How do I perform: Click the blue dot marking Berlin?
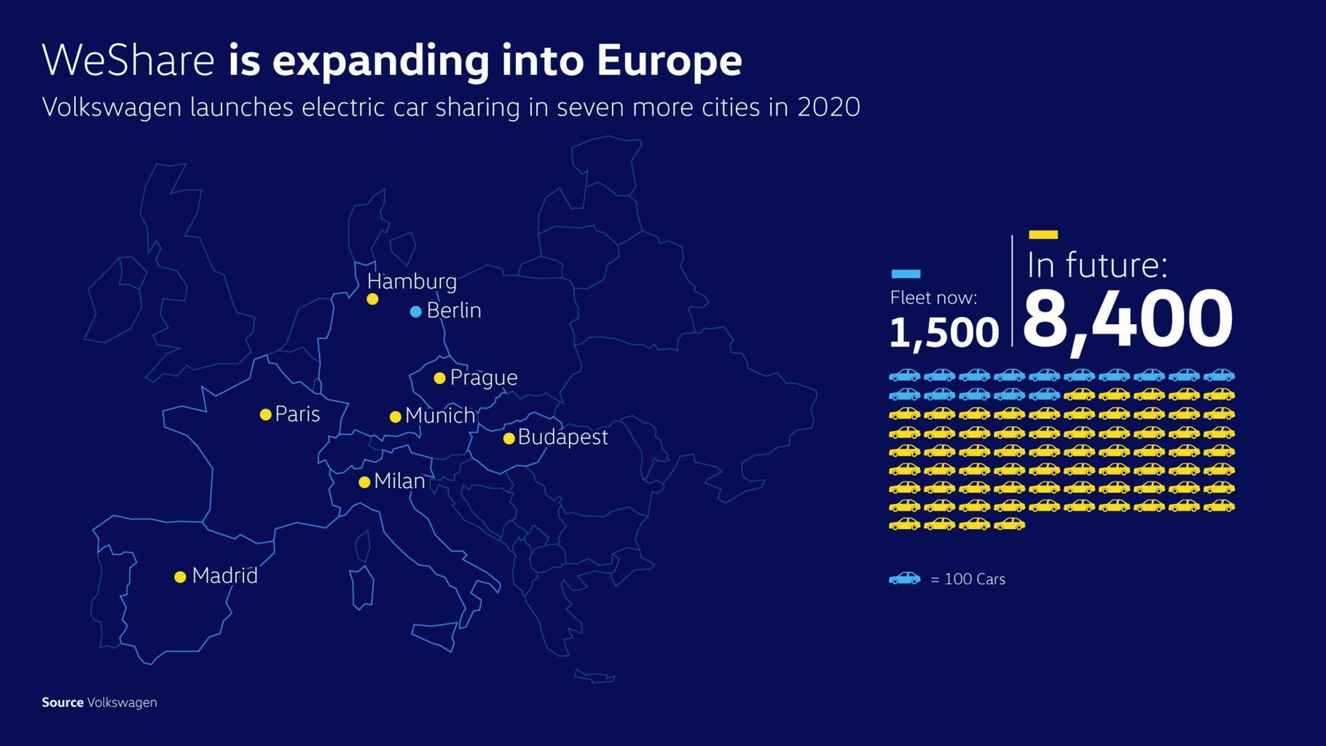click(x=415, y=312)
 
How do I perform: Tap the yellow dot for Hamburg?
click(x=372, y=299)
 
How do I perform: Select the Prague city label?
click(x=483, y=377)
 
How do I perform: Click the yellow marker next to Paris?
click(x=266, y=415)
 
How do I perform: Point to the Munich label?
click(x=439, y=415)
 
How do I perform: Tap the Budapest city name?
click(x=562, y=437)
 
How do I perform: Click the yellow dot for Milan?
click(x=364, y=482)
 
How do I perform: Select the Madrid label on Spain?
click(x=224, y=576)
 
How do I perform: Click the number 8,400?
click(x=1127, y=319)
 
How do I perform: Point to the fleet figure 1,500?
click(x=943, y=332)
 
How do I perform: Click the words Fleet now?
click(x=933, y=297)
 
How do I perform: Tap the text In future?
click(x=1096, y=264)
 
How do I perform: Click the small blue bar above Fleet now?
click(x=906, y=274)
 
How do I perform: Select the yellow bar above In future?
click(x=1043, y=235)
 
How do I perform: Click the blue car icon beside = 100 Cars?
click(x=904, y=578)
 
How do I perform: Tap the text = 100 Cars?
click(x=968, y=579)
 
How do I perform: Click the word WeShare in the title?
click(x=128, y=60)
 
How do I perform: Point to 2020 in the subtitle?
click(x=828, y=107)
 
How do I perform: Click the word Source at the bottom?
click(x=63, y=702)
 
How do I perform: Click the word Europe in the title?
click(x=669, y=60)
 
